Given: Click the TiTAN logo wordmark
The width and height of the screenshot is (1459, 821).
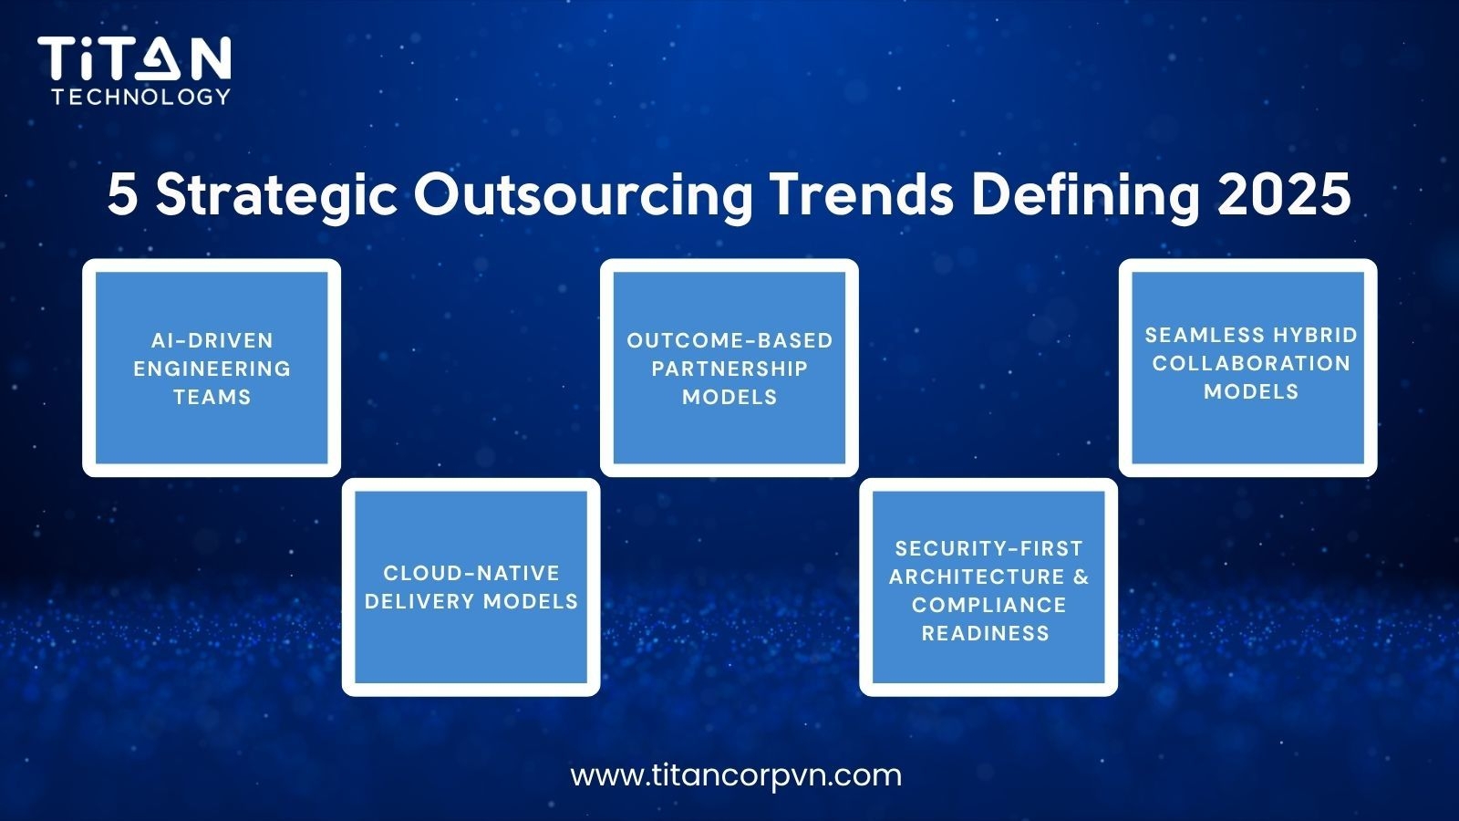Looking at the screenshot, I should click(x=134, y=59).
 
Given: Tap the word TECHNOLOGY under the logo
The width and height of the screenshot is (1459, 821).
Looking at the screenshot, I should click(x=141, y=96).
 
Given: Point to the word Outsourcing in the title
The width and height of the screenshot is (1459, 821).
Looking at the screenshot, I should click(x=583, y=194).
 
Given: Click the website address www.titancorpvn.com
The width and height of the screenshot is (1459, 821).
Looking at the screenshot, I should click(x=736, y=775).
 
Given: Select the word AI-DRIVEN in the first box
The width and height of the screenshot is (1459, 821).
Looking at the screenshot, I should click(x=212, y=340).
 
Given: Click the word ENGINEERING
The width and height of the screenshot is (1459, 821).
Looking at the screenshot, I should click(x=212, y=369).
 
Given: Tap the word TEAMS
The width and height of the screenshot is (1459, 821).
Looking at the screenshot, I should click(x=212, y=397).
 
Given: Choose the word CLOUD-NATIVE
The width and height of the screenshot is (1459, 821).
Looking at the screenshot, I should click(x=471, y=573).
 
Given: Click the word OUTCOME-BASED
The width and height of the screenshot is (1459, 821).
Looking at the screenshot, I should click(x=729, y=340).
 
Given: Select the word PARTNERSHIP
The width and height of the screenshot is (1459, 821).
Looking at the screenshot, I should click(x=729, y=369).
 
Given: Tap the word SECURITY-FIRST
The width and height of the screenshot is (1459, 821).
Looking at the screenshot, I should click(x=988, y=548).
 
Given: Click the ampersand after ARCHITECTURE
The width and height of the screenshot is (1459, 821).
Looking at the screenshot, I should click(x=1081, y=577).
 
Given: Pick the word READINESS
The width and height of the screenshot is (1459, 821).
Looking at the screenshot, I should click(x=986, y=633).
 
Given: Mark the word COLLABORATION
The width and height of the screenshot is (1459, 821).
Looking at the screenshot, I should click(x=1251, y=363).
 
